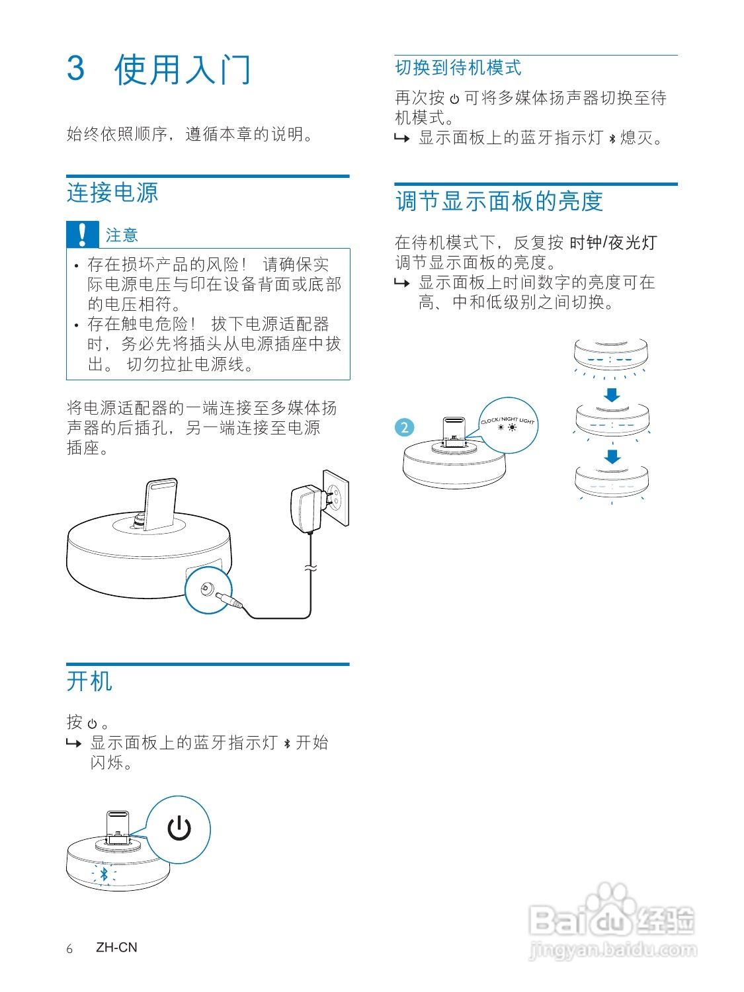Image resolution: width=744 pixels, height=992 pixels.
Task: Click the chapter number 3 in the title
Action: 76,69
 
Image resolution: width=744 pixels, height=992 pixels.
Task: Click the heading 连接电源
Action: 112,193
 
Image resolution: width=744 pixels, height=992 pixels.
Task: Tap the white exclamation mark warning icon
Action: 82,235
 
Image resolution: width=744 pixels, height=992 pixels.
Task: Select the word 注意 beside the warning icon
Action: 122,235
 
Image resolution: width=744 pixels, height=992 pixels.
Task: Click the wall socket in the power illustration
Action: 335,498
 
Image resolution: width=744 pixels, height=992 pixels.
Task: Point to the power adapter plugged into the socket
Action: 306,508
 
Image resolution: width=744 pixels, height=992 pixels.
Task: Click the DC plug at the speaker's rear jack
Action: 228,599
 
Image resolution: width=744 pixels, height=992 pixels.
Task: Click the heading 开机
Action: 89,681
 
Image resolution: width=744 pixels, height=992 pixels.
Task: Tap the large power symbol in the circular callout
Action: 179,828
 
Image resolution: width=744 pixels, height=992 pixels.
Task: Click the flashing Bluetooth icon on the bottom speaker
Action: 104,874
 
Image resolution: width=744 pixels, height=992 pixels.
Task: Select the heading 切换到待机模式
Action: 458,67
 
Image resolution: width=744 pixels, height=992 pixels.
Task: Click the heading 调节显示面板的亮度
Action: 499,201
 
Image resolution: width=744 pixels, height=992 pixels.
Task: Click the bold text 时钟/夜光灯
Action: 613,243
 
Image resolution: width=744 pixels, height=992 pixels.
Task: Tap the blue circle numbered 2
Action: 405,427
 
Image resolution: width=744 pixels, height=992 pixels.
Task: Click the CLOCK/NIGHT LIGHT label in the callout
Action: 507,420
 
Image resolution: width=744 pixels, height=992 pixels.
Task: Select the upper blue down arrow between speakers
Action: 612,395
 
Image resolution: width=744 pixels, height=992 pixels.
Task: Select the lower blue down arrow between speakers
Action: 612,456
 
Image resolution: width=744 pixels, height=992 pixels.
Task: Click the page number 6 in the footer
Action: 69,948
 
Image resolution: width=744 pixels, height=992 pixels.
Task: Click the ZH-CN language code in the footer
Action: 116,947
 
